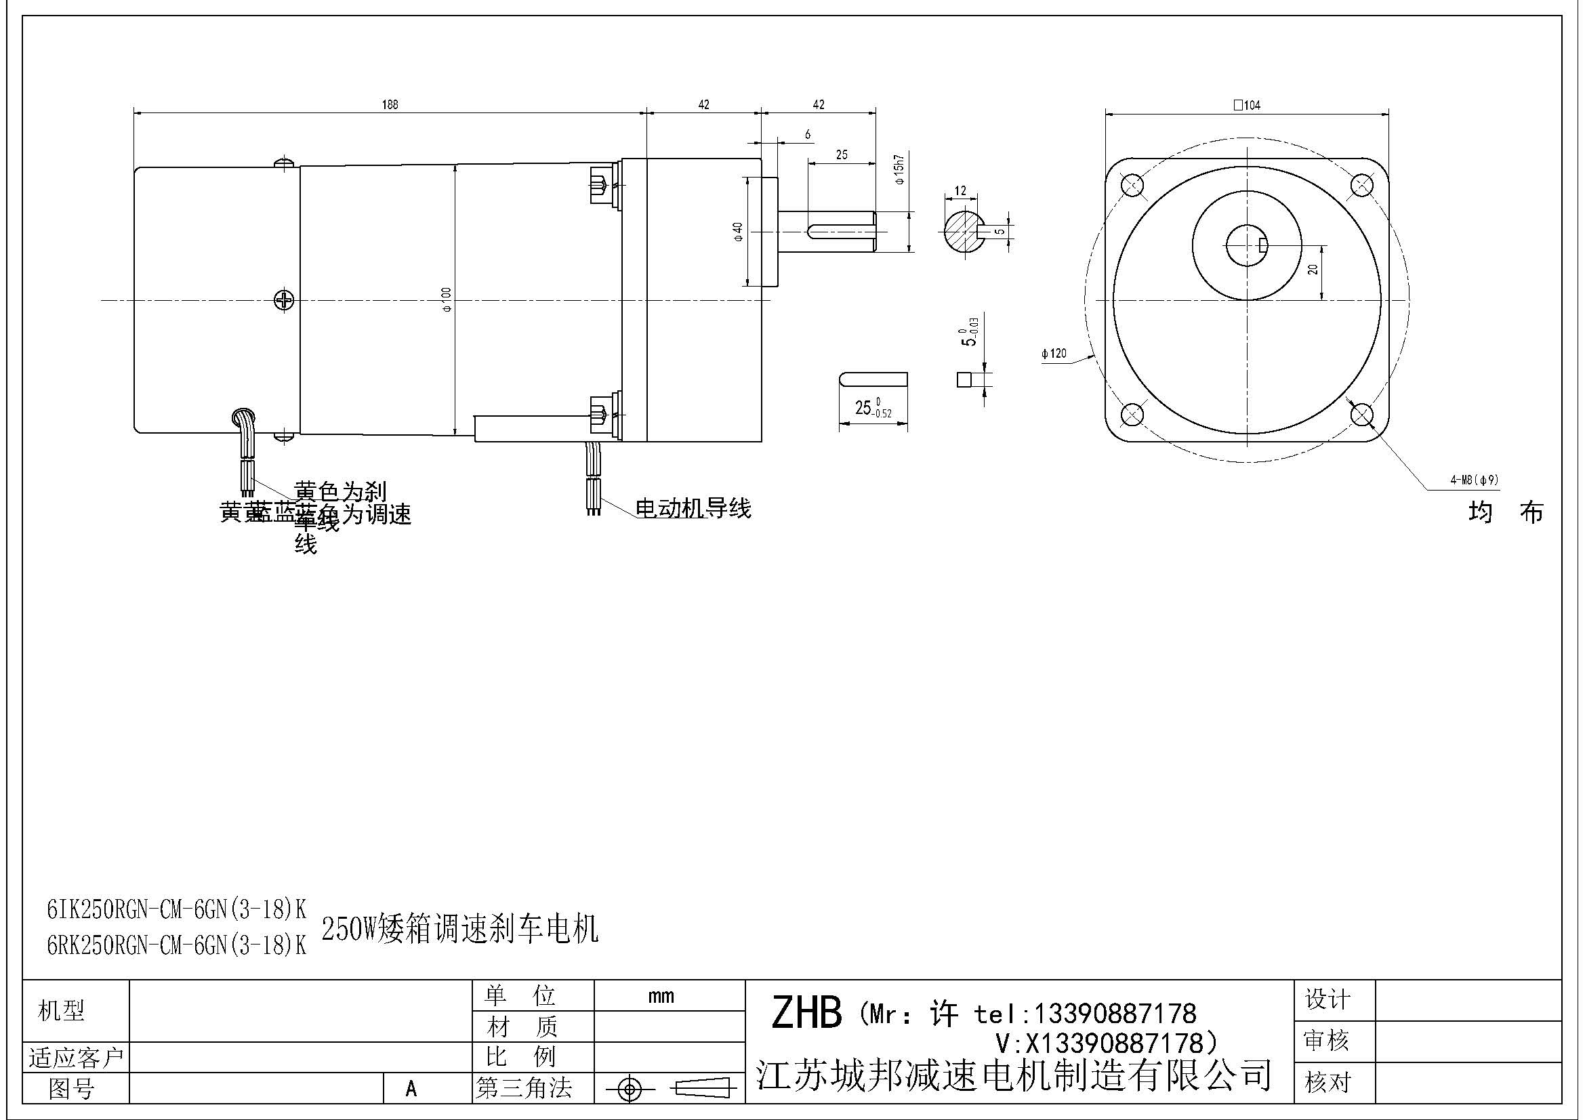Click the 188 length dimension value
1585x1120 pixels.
[390, 105]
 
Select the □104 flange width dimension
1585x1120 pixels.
[1247, 105]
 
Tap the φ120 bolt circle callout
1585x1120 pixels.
[1054, 354]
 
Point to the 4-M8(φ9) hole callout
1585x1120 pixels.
[1474, 480]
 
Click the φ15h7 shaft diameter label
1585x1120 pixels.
[899, 169]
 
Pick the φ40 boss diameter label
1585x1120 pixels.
[738, 232]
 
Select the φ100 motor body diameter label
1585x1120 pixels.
[447, 299]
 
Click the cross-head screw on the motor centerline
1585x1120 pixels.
[285, 300]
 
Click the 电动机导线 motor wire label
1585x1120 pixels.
[693, 510]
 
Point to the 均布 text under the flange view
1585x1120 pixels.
[1506, 513]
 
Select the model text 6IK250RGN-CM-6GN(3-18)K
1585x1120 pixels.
[176, 910]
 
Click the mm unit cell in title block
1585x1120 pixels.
[661, 996]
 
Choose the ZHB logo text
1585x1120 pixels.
[806, 1013]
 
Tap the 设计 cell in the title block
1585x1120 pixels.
[1326, 999]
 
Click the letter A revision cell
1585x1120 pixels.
[411, 1089]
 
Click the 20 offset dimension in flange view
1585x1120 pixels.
[1313, 270]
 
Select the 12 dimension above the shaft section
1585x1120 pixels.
[960, 190]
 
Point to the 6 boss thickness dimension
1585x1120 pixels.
[808, 135]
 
